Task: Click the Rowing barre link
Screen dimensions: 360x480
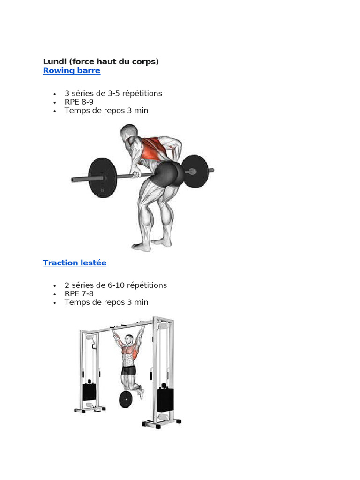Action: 72,71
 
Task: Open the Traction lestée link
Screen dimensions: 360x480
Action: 75,262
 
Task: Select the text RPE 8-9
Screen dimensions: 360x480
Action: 79,102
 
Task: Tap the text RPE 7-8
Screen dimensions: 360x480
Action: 79,294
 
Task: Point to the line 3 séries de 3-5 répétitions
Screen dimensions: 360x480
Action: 113,93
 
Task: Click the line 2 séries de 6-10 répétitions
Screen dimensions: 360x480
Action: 116,285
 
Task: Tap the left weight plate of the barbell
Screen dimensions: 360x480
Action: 103,178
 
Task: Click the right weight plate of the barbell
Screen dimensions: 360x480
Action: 196,171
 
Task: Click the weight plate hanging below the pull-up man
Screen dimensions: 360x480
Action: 126,399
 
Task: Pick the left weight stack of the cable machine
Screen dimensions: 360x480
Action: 90,392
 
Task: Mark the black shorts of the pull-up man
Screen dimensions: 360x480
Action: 128,370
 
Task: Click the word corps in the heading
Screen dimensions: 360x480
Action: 145,61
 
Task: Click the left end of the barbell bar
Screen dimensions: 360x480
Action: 72,180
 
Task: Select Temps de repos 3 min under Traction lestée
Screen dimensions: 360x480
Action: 106,302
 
